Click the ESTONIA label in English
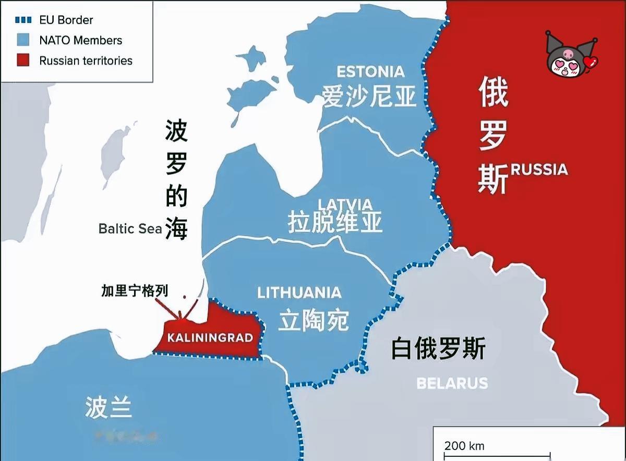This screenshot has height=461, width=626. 370,71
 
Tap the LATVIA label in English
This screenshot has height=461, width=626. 345,204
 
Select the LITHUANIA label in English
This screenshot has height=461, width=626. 299,293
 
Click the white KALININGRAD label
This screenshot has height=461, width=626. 210,337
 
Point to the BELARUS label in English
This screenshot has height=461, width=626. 452,383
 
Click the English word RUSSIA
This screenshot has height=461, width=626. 539,169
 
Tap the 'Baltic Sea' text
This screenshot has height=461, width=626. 130,228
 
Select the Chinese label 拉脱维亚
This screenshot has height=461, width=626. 335,223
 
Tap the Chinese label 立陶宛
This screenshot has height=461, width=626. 313,320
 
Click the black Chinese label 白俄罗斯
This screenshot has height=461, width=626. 438,348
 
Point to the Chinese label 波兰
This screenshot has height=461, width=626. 109,407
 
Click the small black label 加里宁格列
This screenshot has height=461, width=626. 135,291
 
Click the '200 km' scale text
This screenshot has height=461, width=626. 464,446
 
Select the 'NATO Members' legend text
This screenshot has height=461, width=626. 80,40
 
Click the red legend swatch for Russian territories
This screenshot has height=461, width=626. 23,60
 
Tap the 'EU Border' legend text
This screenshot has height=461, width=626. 66,20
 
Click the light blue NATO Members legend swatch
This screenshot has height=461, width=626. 23,40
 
